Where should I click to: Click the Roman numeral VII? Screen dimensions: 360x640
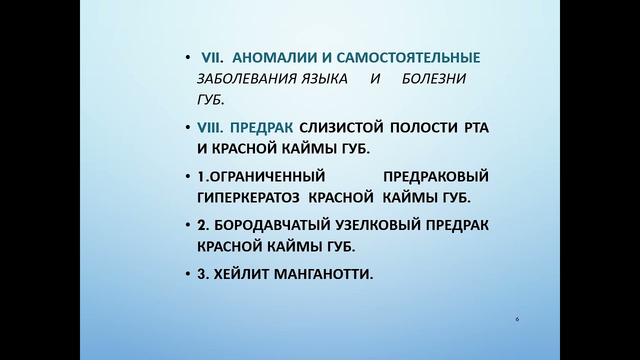[x=210, y=58]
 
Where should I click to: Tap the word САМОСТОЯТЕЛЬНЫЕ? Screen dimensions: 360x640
[x=408, y=58]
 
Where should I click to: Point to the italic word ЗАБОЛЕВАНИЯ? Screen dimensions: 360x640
[x=247, y=79]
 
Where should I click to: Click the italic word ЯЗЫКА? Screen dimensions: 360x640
[x=325, y=79]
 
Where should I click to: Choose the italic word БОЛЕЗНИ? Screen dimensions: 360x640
[x=433, y=79]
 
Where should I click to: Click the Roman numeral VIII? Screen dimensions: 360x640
[x=210, y=127]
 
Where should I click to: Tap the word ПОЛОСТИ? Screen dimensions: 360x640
[x=423, y=127]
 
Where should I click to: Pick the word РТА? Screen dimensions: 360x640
[x=476, y=127]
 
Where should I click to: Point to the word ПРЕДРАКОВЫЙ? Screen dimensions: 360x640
[x=435, y=176]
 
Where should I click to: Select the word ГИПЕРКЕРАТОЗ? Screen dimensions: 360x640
[x=248, y=198]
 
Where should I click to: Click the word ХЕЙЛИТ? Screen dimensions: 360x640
[x=241, y=274]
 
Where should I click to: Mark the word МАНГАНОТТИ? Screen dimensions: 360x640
[x=323, y=274]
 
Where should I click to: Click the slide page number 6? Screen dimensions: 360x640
[x=517, y=319]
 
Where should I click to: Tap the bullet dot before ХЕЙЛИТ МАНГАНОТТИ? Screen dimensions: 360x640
[x=187, y=274]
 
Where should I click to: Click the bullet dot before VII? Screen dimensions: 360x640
[x=187, y=57]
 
